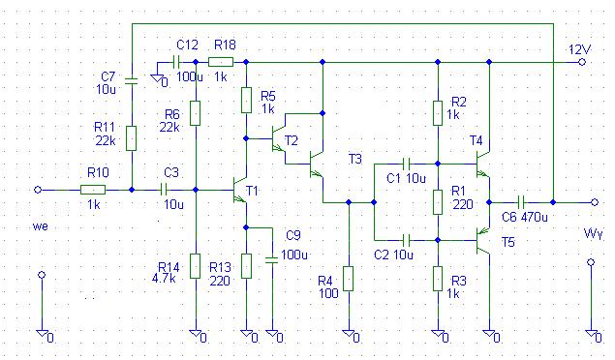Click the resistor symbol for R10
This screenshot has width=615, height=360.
point(93,190)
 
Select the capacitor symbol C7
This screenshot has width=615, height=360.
point(132,81)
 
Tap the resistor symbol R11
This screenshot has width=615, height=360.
point(132,138)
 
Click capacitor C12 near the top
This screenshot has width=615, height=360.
point(176,62)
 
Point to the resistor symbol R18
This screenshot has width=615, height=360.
point(221,62)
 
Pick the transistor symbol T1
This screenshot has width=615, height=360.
point(239,190)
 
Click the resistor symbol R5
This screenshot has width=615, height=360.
point(246,101)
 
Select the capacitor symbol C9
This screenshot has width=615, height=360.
point(271,259)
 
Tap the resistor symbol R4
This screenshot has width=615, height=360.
point(349,279)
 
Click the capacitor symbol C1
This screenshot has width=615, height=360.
point(407,164)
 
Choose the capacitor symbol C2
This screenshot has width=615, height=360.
point(407,239)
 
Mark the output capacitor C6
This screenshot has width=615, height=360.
point(521,202)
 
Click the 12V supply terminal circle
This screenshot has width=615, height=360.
point(582,62)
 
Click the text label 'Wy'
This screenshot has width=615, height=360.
point(593,234)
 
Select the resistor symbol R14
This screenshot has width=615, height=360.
point(195,266)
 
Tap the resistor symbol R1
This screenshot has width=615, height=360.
point(438,202)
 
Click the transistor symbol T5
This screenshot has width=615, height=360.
point(483,240)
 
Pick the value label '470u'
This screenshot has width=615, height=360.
point(535,217)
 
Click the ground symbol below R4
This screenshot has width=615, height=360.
point(349,334)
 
